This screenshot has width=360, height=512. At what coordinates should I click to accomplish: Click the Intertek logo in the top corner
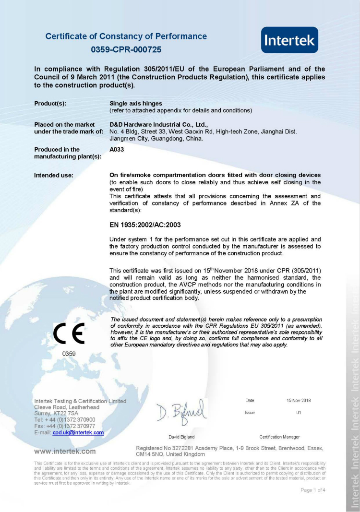[289, 40]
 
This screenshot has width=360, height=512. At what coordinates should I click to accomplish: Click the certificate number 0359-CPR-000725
[126, 49]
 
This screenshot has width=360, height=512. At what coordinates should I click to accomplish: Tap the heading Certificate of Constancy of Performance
[126, 36]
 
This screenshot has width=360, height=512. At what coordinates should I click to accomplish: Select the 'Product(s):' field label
[50, 103]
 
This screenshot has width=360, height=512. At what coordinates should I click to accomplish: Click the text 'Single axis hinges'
[136, 103]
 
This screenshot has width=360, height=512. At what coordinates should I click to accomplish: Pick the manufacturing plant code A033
[117, 149]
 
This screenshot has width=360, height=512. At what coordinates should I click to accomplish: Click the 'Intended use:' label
[53, 175]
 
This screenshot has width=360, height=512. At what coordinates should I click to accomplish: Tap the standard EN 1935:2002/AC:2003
[145, 225]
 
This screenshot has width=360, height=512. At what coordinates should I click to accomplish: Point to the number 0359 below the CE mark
[69, 354]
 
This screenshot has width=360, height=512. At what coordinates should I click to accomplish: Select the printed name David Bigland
[181, 437]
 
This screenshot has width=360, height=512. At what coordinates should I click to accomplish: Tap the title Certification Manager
[279, 437]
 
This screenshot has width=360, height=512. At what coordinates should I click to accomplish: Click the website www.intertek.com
[64, 451]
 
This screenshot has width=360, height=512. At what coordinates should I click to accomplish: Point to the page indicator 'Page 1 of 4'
[312, 490]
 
